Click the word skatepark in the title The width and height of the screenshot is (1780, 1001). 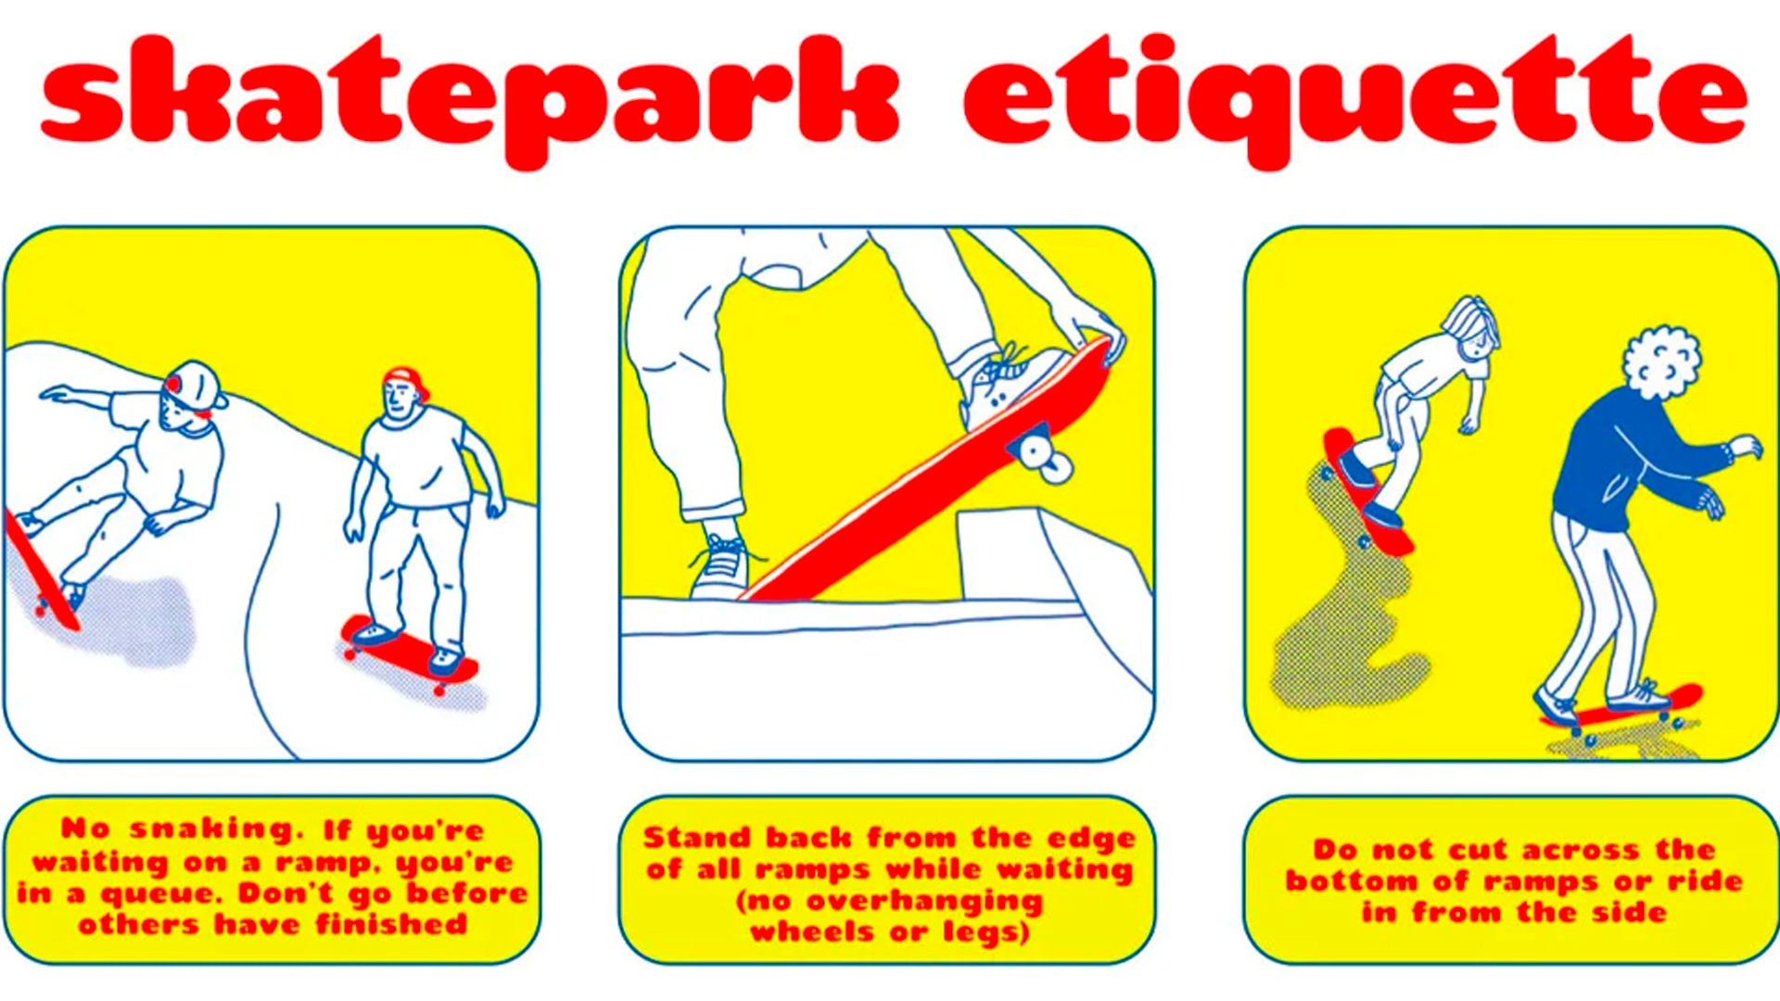[x=468, y=97]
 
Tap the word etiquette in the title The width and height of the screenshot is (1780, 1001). [x=1354, y=97]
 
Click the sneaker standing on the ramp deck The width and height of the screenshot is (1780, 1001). [x=721, y=567]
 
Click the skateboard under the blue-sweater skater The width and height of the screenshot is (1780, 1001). [x=1622, y=710]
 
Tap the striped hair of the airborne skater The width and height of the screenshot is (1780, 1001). [x=1469, y=320]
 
